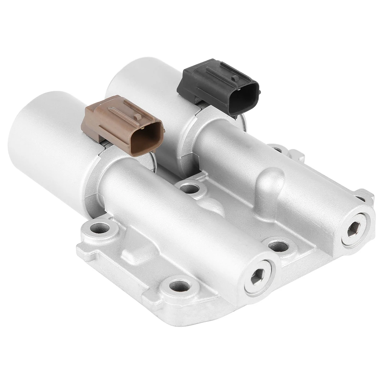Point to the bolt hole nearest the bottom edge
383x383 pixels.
179,285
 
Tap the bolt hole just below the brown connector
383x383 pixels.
189,188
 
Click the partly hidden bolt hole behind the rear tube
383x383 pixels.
275,149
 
